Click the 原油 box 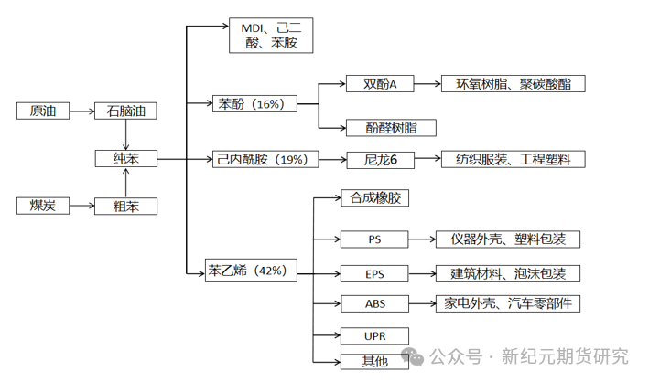[42, 111]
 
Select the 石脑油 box [126, 111]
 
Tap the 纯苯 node [126, 159]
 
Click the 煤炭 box [42, 206]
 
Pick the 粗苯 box [126, 206]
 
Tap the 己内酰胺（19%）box [265, 159]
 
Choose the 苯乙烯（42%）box [250, 271]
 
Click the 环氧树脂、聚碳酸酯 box [513, 84]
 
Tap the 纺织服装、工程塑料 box [513, 160]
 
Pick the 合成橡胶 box [375, 197]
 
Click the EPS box [374, 272]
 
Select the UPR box [374, 336]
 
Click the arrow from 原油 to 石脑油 [81, 111]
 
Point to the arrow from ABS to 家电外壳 [423, 303]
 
